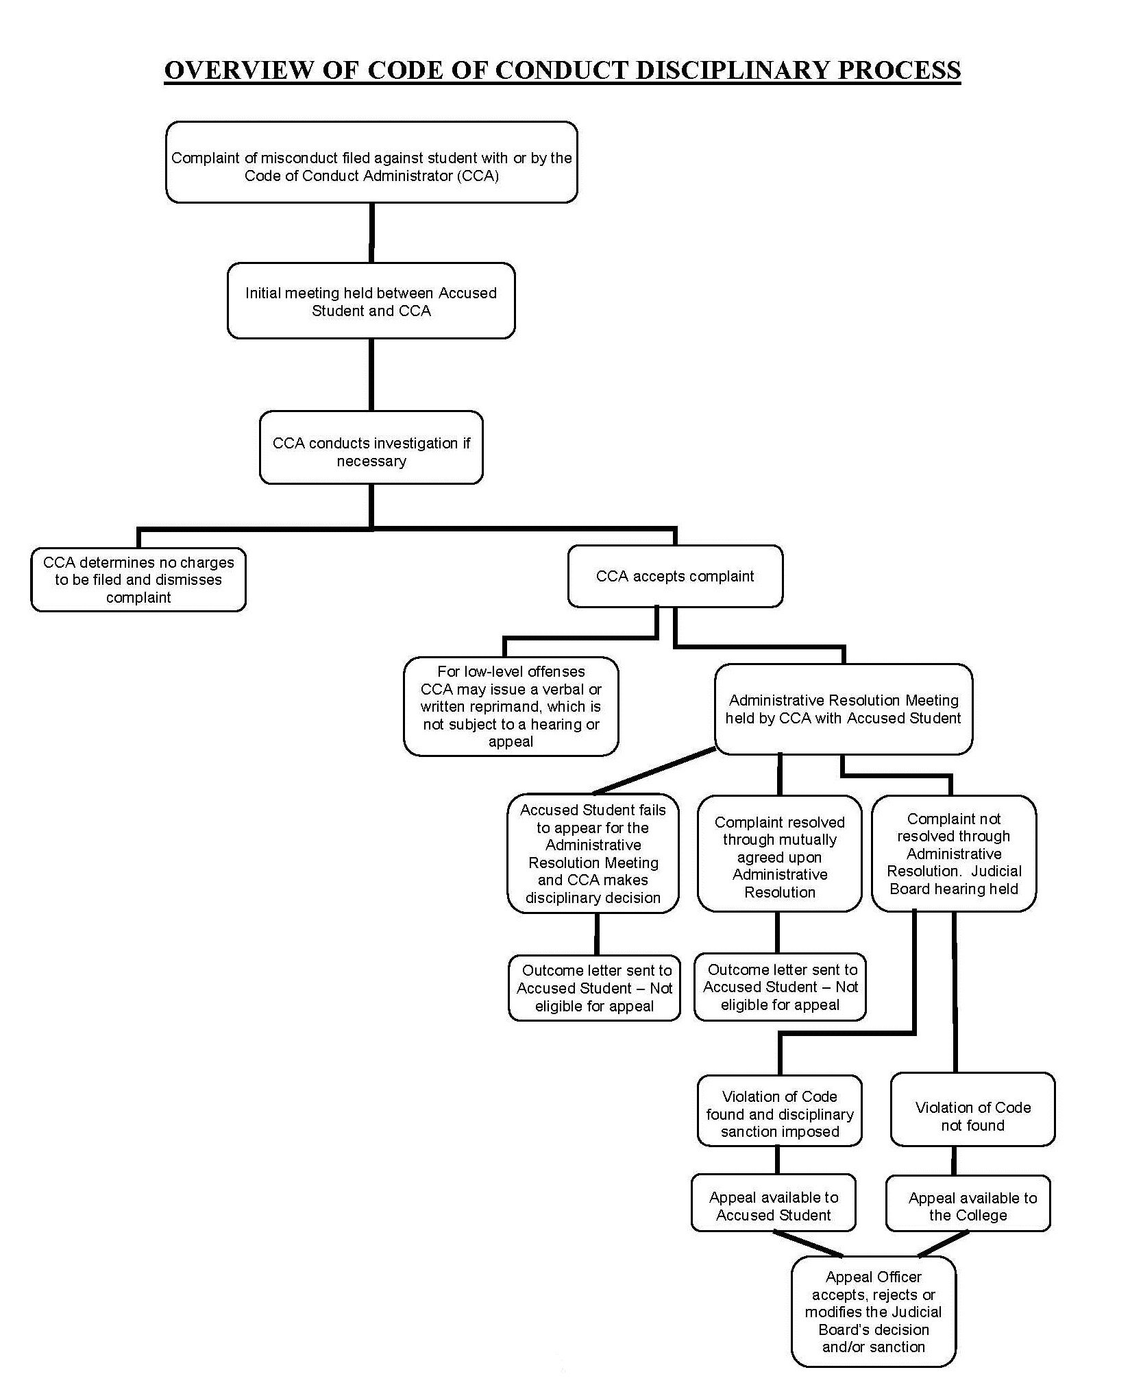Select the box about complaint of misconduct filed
[371, 163]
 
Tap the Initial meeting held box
[371, 300]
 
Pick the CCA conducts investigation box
[371, 448]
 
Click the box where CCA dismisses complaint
[138, 579]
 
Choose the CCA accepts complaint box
[675, 576]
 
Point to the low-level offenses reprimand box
[511, 706]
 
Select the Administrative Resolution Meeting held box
[844, 709]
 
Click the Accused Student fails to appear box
[593, 854]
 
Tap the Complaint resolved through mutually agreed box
[780, 854]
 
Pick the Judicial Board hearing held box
[954, 854]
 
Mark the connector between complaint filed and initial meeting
[371, 233]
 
